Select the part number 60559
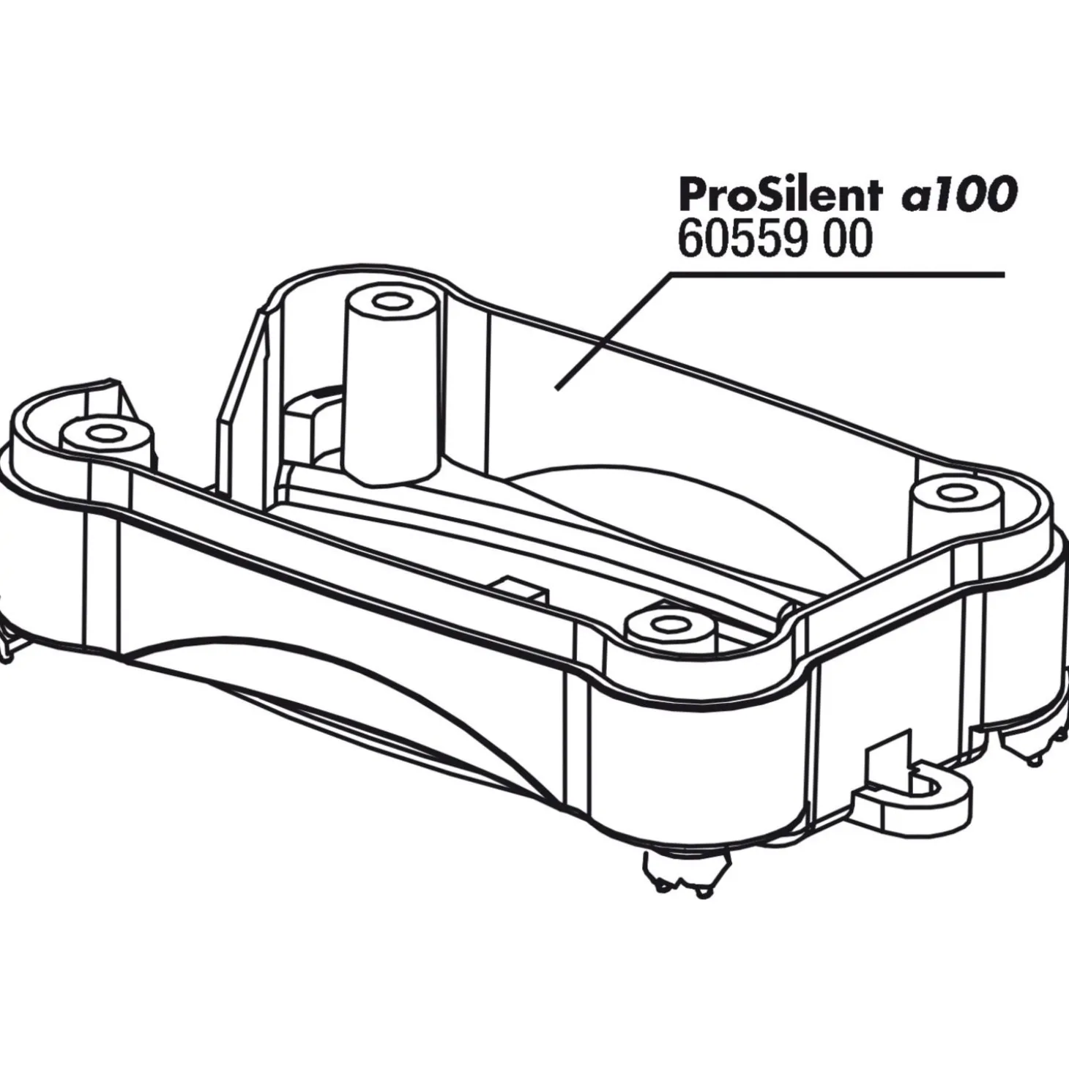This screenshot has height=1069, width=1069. click(742, 239)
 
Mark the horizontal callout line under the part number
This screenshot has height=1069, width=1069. click(837, 274)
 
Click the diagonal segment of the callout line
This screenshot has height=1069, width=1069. click(613, 331)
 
